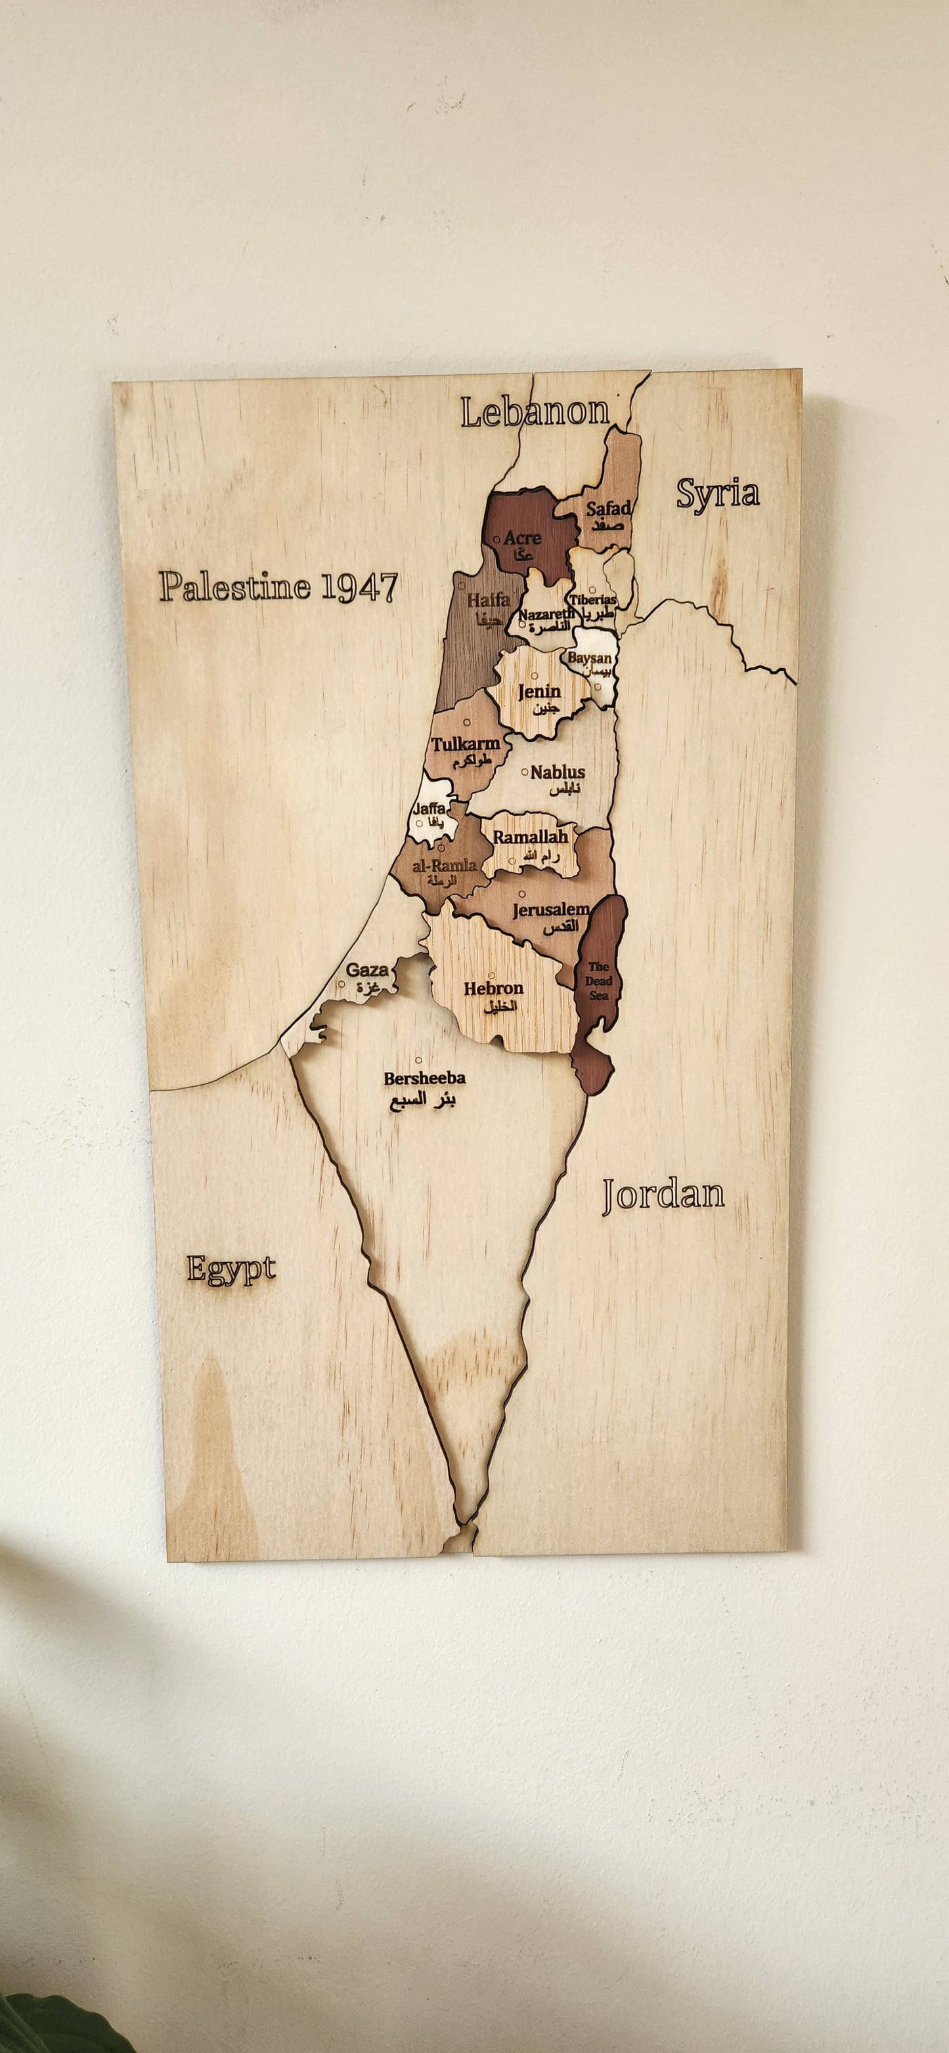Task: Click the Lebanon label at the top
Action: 535,412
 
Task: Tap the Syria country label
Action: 718,494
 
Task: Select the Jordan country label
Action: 663,1195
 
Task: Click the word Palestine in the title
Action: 235,587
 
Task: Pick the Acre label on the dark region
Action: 522,539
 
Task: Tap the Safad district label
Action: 608,508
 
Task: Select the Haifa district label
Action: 488,600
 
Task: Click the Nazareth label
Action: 546,614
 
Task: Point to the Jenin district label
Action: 539,692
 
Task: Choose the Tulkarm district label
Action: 466,744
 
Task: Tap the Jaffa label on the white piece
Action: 429,809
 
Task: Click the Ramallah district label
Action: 531,837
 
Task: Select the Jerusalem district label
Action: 550,910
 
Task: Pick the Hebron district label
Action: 494,988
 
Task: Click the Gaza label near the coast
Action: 367,970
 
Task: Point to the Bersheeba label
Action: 424,1078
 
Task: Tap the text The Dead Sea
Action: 598,981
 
